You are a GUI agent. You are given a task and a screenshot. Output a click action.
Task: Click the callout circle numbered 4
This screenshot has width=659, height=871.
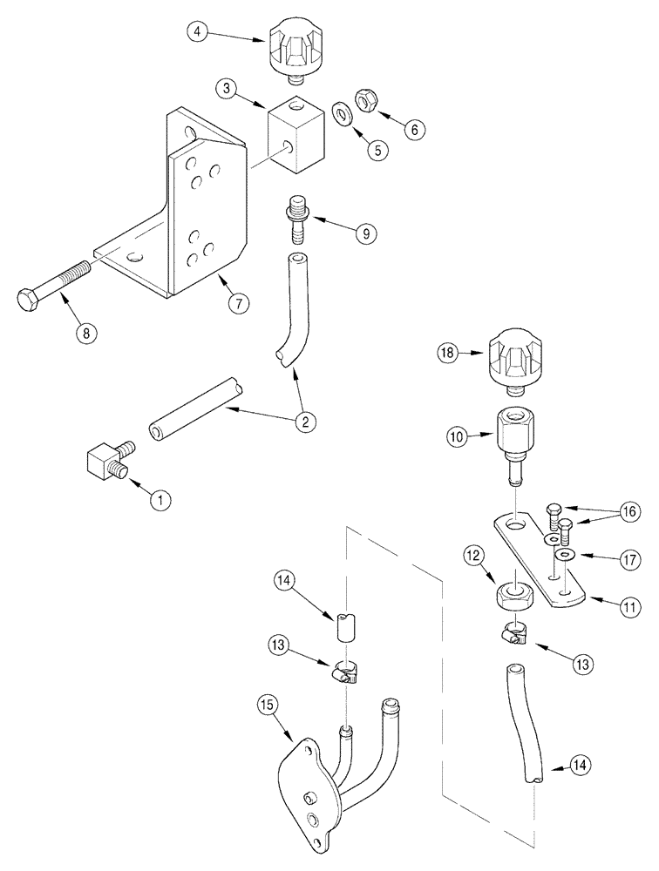(200, 35)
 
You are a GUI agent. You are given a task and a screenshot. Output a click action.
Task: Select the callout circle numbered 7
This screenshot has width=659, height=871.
(237, 303)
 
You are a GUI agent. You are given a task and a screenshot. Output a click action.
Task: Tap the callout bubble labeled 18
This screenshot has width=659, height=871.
(449, 352)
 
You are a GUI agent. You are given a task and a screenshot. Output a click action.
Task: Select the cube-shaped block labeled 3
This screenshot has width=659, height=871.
(293, 132)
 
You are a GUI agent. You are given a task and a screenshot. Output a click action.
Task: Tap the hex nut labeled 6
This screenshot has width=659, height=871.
(363, 102)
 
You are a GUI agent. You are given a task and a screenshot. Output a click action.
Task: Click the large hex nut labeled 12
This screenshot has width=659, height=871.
(515, 597)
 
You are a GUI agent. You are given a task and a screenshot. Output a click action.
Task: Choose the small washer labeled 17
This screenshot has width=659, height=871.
(567, 554)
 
